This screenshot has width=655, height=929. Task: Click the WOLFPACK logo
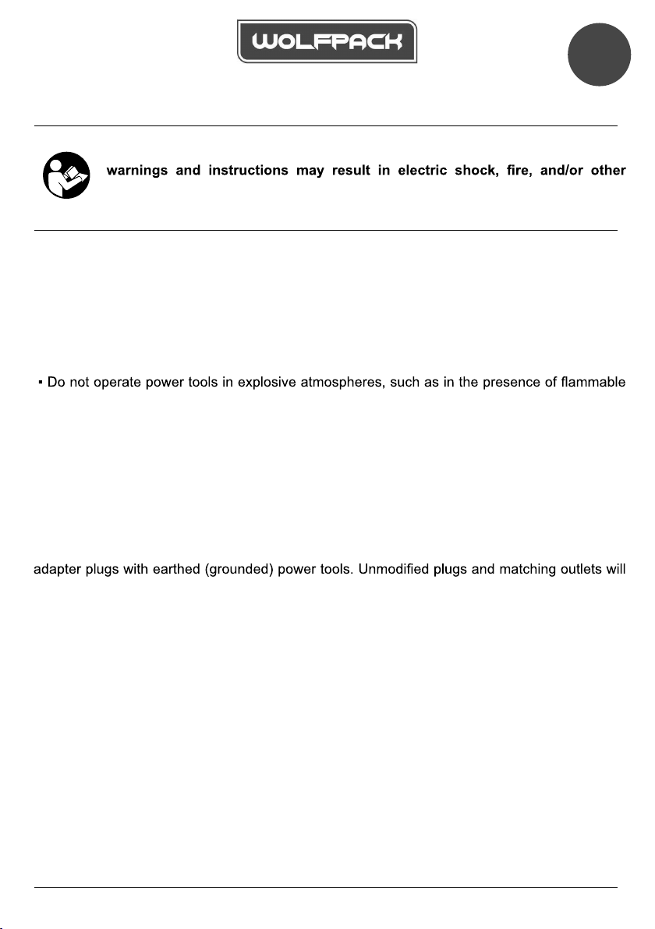coord(327,41)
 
